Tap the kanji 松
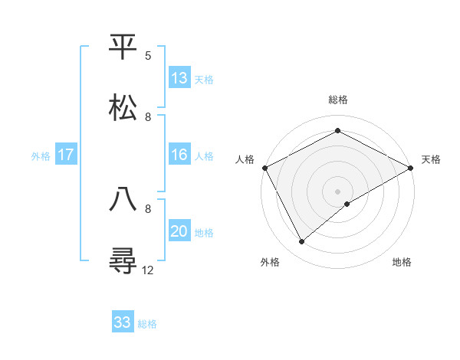click(123, 107)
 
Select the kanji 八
click(123, 199)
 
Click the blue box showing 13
click(179, 78)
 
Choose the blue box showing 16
click(179, 155)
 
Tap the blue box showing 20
click(179, 231)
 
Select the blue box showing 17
click(66, 155)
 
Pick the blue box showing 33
click(123, 322)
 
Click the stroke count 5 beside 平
click(148, 56)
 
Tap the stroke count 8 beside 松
click(148, 116)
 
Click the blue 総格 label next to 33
click(148, 324)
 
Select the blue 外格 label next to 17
click(41, 156)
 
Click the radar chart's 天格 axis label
click(431, 159)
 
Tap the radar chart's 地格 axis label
click(402, 263)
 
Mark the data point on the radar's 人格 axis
click(264, 167)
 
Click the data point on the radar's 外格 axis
click(302, 242)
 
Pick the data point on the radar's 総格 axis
click(337, 130)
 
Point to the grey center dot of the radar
click(337, 191)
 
